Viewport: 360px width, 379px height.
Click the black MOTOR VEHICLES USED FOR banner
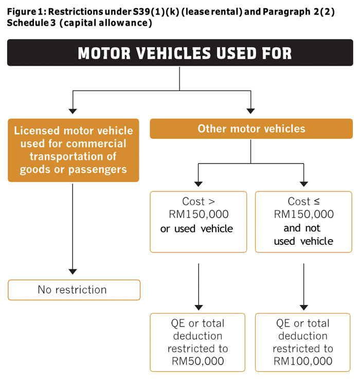(179, 53)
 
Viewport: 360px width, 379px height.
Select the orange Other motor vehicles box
(251, 129)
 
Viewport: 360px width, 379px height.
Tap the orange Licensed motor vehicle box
(73, 150)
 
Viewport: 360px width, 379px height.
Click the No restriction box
(73, 290)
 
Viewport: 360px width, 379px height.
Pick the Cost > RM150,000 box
(198, 222)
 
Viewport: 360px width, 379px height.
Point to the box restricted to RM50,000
(198, 342)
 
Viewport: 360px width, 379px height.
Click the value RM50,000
(198, 361)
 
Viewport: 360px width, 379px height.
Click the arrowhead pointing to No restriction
(73, 271)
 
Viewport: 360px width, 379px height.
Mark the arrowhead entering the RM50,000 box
(198, 306)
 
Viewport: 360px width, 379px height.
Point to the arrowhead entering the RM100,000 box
(303, 306)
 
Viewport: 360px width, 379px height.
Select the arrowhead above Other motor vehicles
(251, 110)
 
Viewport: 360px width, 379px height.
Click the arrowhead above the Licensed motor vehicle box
(73, 110)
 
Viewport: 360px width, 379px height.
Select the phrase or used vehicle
(197, 228)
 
